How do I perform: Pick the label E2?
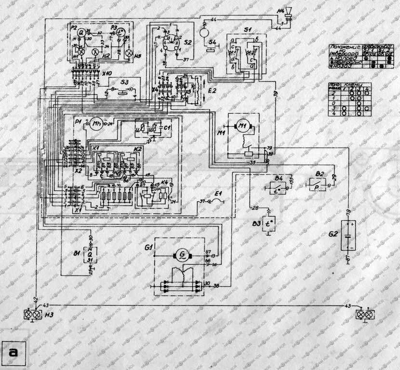214,90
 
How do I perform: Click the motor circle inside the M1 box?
240,126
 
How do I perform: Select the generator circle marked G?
183,254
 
